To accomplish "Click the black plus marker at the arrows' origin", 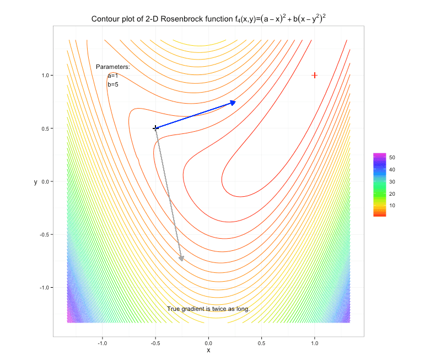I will coord(155,128).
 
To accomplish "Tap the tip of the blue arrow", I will coord(236,102).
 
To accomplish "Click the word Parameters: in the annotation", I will coord(112,67).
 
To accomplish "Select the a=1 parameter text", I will coord(113,76).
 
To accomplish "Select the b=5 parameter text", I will coord(113,84).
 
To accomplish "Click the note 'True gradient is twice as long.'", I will coord(208,309).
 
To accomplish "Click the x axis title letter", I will coord(208,351).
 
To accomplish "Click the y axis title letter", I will coord(36,181).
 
